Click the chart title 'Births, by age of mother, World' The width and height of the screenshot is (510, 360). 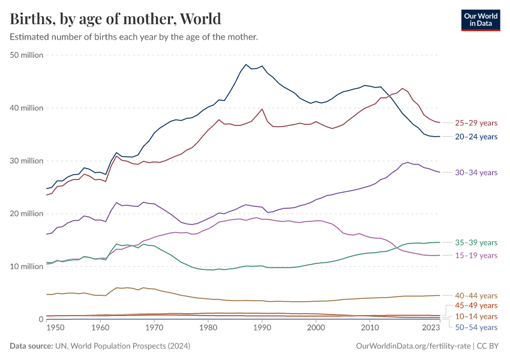pyautogui.click(x=115, y=19)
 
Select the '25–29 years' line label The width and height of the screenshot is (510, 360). pyautogui.click(x=476, y=123)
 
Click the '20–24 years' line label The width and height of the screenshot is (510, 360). pyautogui.click(x=476, y=137)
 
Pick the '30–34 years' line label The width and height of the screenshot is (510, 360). pyautogui.click(x=476, y=173)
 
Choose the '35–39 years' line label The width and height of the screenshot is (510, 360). pyautogui.click(x=476, y=242)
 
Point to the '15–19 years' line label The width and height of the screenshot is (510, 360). pyautogui.click(x=476, y=256)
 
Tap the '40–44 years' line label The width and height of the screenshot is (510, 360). pyautogui.click(x=476, y=295)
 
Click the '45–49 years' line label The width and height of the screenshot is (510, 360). pyautogui.click(x=476, y=306)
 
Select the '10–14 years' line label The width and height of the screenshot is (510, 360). pyautogui.click(x=476, y=316)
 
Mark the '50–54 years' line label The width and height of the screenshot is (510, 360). pyautogui.click(x=476, y=327)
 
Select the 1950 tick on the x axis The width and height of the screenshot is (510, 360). pyautogui.click(x=55, y=328)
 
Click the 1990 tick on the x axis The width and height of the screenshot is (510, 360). pyautogui.click(x=262, y=328)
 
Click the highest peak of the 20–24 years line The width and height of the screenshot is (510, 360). pyautogui.click(x=246, y=64)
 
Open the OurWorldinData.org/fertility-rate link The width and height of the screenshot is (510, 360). pyautogui.click(x=412, y=346)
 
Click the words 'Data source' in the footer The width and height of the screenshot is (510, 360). pyautogui.click(x=31, y=346)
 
